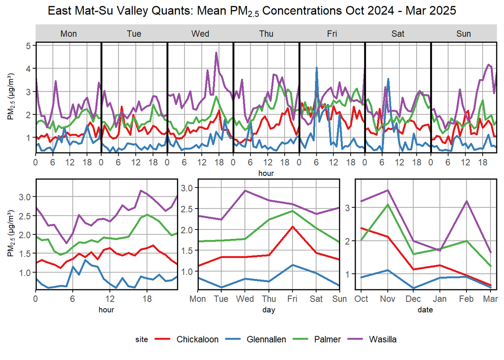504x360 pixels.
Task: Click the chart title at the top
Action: [252, 11]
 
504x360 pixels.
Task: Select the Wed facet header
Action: [200, 34]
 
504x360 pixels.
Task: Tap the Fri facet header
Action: [332, 34]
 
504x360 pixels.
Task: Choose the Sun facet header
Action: [464, 34]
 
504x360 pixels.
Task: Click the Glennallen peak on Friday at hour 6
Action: [317, 68]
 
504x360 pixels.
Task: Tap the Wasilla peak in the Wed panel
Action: [216, 53]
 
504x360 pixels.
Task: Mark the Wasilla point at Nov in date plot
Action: [388, 190]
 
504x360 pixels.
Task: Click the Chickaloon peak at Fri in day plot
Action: [292, 227]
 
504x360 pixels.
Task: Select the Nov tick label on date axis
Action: [388, 299]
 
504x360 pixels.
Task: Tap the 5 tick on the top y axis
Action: [29, 46]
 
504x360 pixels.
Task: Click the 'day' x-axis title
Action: [269, 310]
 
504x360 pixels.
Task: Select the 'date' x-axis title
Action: [425, 310]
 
